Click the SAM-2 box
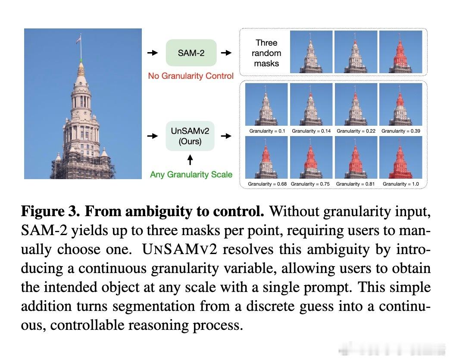click(x=191, y=53)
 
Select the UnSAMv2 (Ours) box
click(x=190, y=136)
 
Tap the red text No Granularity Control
click(x=191, y=76)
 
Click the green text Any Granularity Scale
click(x=191, y=175)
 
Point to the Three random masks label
click(x=266, y=53)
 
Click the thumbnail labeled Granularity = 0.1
click(x=266, y=105)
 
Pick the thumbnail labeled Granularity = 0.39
click(x=401, y=105)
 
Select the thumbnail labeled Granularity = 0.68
click(x=266, y=157)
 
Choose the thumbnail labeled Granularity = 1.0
click(x=401, y=157)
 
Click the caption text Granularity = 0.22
click(x=356, y=131)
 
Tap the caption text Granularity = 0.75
click(x=310, y=184)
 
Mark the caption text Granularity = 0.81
click(x=356, y=184)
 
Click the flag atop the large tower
click(x=78, y=40)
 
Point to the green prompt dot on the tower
click(x=81, y=60)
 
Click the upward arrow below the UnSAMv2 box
click(x=190, y=160)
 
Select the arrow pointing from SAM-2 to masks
click(x=226, y=53)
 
